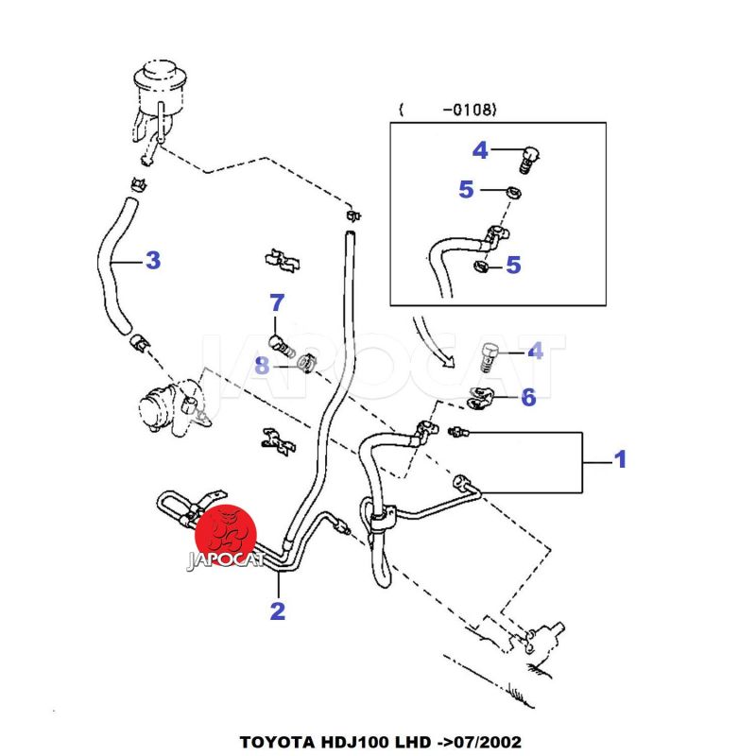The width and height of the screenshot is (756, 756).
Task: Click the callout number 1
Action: [620, 460]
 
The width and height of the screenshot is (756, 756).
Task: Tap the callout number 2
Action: [277, 611]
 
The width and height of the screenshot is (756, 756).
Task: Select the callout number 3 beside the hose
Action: [153, 260]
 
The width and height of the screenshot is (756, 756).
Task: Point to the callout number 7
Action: [276, 303]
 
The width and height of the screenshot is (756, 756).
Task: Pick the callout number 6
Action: [527, 398]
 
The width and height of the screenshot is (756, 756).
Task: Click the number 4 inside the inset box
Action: [480, 150]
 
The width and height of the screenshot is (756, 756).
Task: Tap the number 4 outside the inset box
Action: [535, 352]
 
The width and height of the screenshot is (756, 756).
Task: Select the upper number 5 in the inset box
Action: [466, 190]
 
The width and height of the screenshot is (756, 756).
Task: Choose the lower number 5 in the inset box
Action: [513, 266]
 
